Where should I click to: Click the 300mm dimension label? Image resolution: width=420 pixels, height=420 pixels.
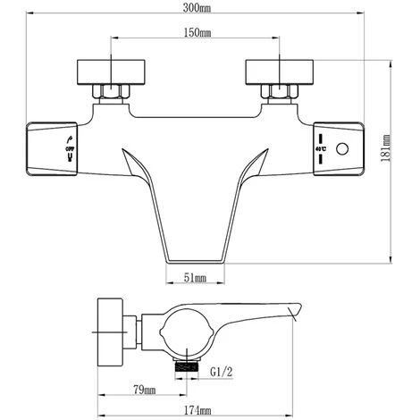(x=199, y=10)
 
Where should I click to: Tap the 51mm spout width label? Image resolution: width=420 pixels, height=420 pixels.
(x=195, y=279)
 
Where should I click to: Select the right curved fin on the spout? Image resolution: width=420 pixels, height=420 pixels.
(x=260, y=164)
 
